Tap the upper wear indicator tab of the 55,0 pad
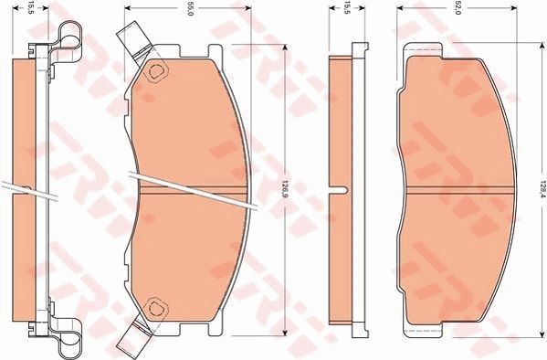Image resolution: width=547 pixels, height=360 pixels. [131, 41]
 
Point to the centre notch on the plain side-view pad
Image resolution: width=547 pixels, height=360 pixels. [341, 191]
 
